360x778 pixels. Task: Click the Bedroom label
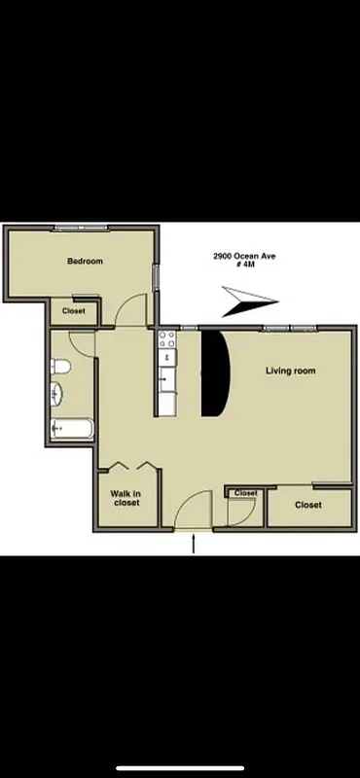point(85,261)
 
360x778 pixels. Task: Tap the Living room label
point(291,371)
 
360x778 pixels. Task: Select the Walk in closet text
point(126,497)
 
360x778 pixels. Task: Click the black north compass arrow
point(249,301)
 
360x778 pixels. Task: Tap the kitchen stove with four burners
point(167,340)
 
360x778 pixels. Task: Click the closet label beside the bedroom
point(73,311)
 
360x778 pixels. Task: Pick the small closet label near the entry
point(245,493)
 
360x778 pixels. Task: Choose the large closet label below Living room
point(308,505)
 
